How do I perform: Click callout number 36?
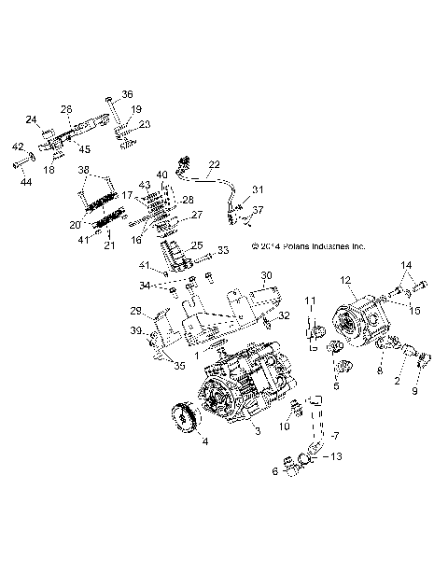[128, 94]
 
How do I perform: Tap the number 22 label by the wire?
[214, 163]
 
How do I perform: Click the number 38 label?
[85, 172]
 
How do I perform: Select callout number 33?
[223, 251]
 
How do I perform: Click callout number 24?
[31, 119]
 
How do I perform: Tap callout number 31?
[259, 189]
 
